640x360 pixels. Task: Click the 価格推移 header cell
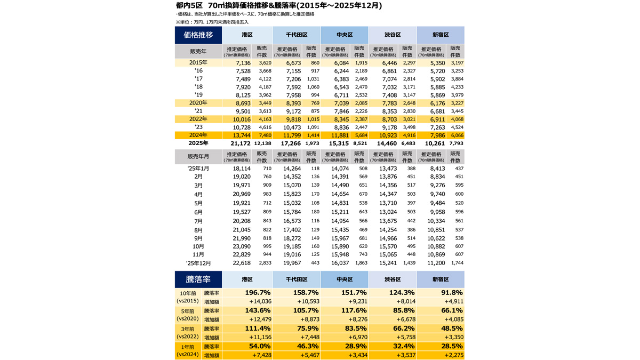pyautogui.click(x=198, y=35)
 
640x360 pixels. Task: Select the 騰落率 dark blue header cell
pyautogui.click(x=198, y=279)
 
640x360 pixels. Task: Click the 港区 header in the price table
pyautogui.click(x=247, y=35)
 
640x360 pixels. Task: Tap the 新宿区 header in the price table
pyautogui.click(x=440, y=35)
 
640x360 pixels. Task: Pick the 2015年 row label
pyautogui.click(x=198, y=62)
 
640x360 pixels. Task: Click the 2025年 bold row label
pyautogui.click(x=198, y=143)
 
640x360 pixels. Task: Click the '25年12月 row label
pyautogui.click(x=198, y=263)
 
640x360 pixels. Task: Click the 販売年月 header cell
pyautogui.click(x=198, y=157)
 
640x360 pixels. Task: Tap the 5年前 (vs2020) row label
pyautogui.click(x=188, y=315)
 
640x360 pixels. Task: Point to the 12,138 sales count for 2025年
pyautogui.click(x=263, y=143)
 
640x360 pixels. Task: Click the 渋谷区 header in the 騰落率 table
pyautogui.click(x=392, y=279)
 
